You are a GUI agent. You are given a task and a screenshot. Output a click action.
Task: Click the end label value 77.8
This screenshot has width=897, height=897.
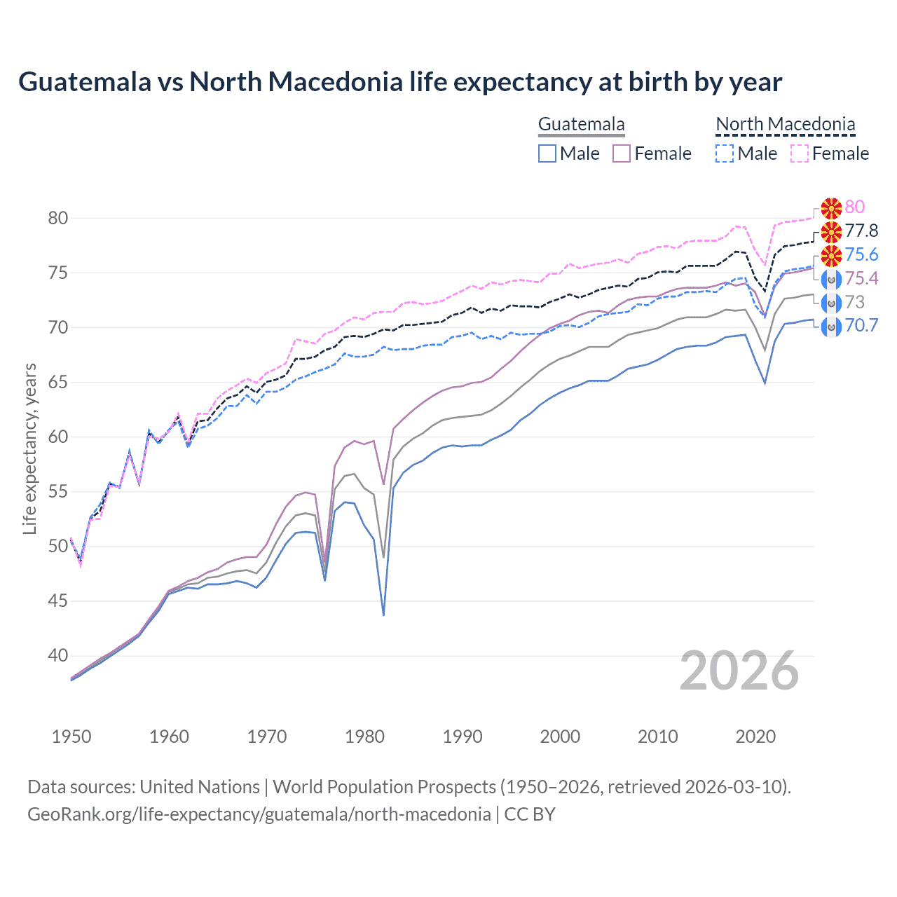861,231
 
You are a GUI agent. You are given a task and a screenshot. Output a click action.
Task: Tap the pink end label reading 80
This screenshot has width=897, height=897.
854,207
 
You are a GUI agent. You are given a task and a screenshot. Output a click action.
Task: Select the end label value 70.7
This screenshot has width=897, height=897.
861,325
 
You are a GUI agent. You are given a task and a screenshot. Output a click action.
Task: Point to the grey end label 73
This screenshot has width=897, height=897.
854,302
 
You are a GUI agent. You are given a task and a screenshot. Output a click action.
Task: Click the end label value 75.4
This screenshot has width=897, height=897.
861,278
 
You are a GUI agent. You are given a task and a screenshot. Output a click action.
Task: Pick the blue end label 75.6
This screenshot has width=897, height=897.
861,254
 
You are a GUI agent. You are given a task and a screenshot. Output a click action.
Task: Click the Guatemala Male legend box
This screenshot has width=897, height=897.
547,153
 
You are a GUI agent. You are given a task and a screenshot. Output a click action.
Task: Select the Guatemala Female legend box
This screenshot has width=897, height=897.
622,153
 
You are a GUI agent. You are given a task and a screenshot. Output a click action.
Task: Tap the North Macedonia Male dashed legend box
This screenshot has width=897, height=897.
725,153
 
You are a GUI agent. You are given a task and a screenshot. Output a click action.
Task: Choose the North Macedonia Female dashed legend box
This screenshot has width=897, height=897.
799,153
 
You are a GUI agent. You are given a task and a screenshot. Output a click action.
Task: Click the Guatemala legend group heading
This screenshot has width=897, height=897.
581,125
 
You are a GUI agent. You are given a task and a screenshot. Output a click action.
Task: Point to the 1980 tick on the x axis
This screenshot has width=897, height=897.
365,737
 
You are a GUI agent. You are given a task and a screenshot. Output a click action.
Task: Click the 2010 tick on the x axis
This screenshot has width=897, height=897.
657,737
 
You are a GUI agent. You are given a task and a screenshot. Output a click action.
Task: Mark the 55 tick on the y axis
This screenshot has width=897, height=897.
58,492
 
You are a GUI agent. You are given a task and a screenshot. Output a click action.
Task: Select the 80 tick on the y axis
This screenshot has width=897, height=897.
58,218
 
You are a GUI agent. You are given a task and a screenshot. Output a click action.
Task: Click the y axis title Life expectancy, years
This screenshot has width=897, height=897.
29,448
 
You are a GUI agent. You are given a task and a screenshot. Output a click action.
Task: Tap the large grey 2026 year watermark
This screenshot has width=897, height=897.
739,671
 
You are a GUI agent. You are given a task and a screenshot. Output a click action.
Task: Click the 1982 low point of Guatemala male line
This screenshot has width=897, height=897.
383,615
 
